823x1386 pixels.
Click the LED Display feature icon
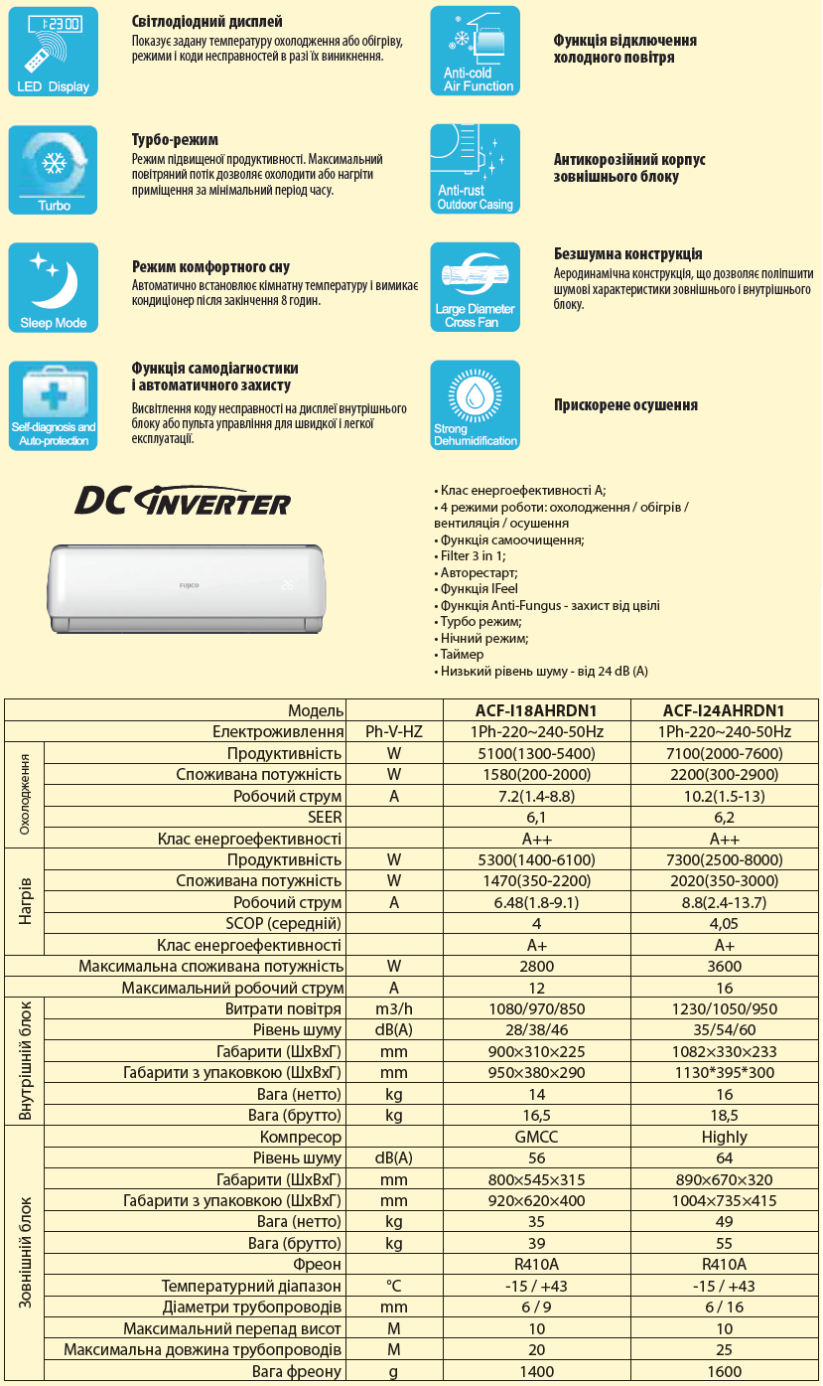pos(54,51)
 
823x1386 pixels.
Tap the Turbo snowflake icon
pos(54,169)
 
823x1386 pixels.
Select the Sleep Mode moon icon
pos(54,287)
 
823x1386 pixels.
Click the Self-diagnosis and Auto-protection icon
pos(54,405)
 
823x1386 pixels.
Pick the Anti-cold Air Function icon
pos(475,51)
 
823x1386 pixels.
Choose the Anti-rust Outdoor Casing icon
pos(475,169)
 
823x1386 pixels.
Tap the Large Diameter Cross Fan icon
pos(475,287)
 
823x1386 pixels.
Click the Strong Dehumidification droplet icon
pos(475,405)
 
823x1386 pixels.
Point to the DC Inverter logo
pos(183,500)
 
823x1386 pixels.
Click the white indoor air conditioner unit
pos(189,587)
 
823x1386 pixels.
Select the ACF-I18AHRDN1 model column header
pos(536,710)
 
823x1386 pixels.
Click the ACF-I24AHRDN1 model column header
pos(724,710)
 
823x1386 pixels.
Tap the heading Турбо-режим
pos(175,140)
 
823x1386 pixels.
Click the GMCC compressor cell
pos(536,1137)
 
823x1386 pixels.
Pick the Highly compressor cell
pos(724,1137)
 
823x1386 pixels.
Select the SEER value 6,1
pos(536,818)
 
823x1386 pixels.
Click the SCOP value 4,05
pos(724,924)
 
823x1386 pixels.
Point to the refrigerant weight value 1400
pos(536,1372)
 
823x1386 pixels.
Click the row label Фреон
pos(317,1265)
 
